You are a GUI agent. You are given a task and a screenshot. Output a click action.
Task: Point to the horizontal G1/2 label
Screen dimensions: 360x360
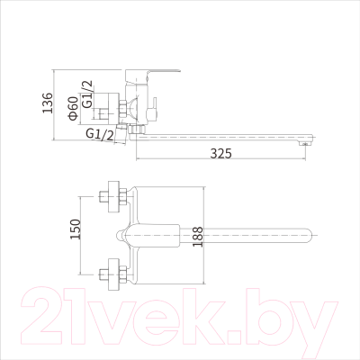pos(99,135)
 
